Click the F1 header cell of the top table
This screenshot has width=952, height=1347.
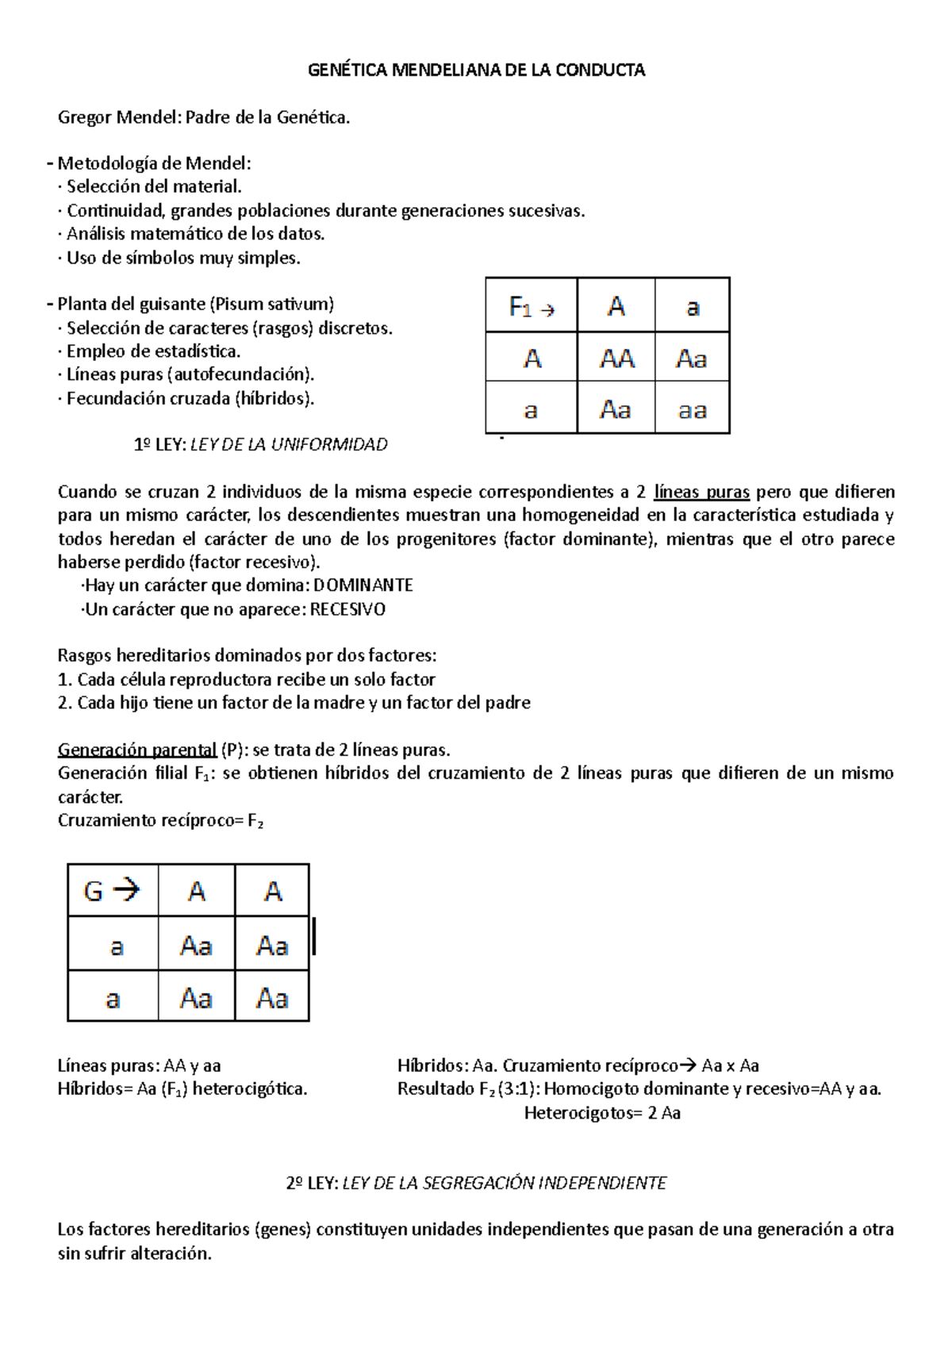531,306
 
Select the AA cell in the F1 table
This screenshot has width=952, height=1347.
616,359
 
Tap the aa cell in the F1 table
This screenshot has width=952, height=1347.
692,410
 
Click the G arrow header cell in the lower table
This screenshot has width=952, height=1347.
113,891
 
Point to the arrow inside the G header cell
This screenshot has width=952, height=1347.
126,890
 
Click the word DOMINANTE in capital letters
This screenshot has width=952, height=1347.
363,585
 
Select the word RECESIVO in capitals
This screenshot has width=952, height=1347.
347,609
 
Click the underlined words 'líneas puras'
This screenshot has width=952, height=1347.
701,492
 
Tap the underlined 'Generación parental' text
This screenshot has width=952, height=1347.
137,750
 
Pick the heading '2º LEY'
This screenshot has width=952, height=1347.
312,1183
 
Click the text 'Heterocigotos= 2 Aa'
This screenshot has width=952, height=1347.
602,1113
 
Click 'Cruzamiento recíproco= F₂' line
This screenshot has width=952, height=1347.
159,820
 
